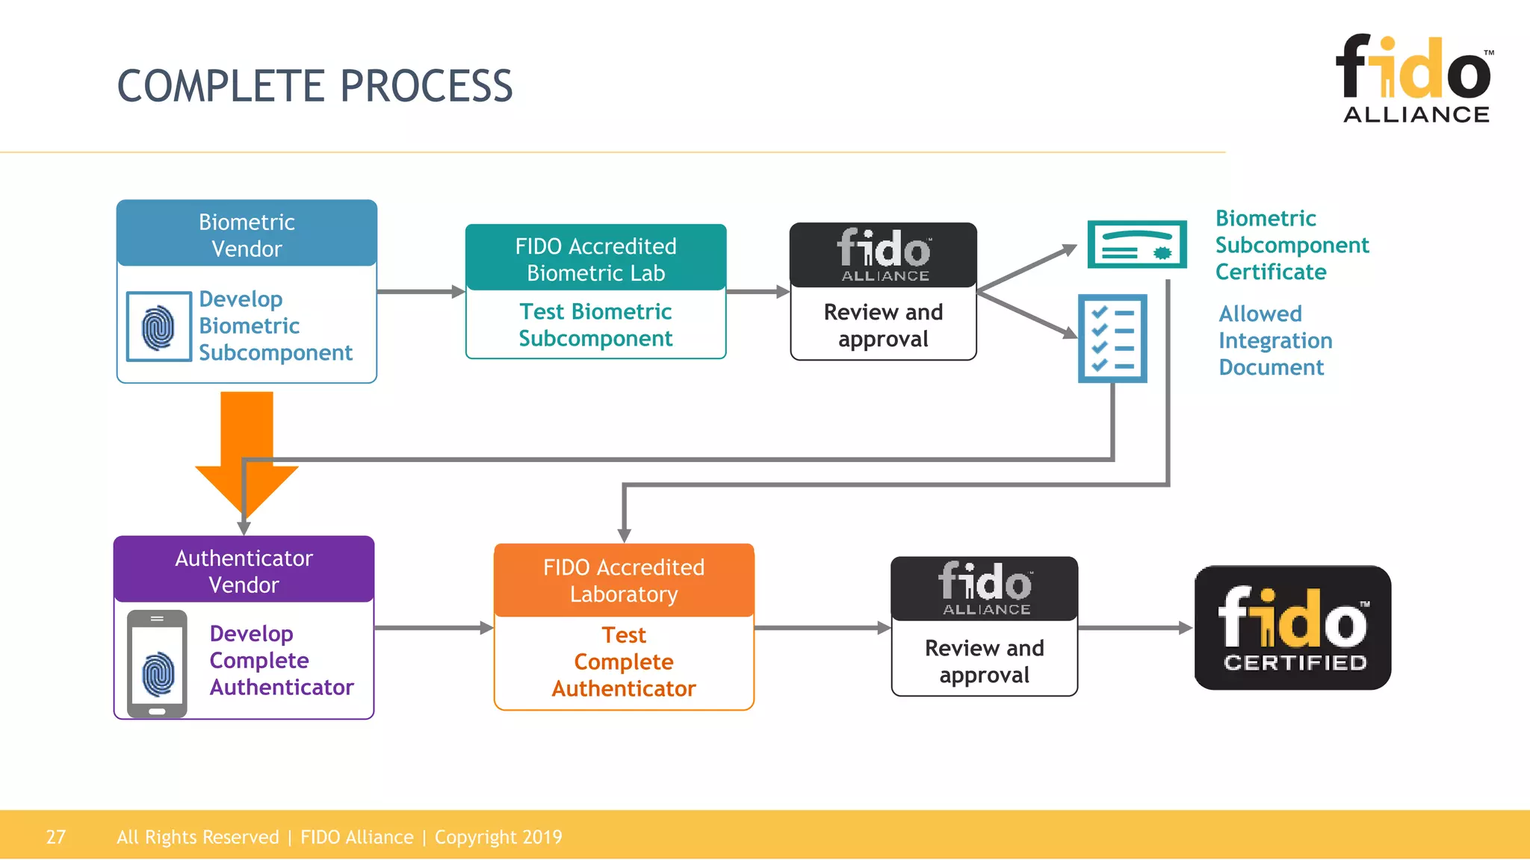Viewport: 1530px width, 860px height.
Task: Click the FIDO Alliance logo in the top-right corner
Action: click(1414, 78)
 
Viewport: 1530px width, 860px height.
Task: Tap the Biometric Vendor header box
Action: click(247, 234)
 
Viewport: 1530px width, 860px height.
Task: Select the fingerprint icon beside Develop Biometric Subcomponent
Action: click(158, 327)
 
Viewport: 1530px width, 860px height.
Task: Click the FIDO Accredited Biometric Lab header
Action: click(595, 258)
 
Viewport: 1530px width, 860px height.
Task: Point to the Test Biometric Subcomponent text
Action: click(595, 325)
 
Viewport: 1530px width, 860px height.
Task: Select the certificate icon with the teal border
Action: click(1136, 244)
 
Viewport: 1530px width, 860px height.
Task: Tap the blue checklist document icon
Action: click(1112, 338)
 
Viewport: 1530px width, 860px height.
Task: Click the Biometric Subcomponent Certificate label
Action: click(1291, 245)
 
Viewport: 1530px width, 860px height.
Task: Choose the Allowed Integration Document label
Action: click(1275, 340)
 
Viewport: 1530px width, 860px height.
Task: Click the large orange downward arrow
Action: click(247, 448)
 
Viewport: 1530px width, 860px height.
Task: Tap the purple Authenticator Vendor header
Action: click(244, 570)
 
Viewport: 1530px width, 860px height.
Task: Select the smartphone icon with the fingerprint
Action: click(157, 664)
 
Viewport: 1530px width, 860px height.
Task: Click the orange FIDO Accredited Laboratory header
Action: click(624, 580)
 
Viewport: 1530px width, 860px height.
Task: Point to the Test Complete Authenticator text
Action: click(624, 661)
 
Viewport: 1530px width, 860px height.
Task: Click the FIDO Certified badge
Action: click(1292, 628)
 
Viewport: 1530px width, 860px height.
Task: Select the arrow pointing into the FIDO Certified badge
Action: click(1136, 628)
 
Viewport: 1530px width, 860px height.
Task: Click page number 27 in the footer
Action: click(56, 837)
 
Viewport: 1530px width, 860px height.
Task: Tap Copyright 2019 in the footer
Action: click(498, 837)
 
